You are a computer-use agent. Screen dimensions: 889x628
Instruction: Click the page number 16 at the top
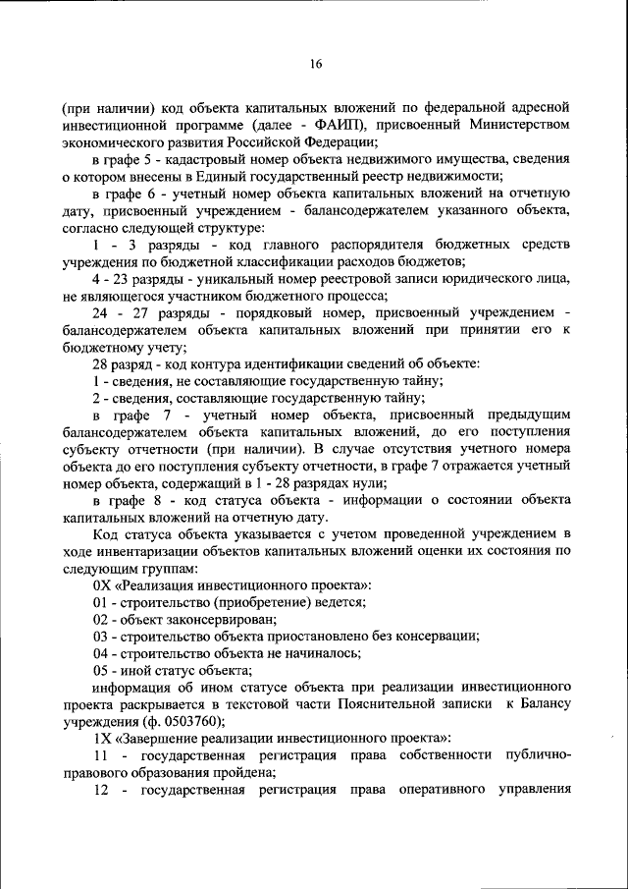tap(315, 65)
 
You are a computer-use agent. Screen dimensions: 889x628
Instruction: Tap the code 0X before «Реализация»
tap(102, 585)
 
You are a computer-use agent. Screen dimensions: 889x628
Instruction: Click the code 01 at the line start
tap(101, 602)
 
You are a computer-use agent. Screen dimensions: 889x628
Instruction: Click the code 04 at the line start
tap(101, 653)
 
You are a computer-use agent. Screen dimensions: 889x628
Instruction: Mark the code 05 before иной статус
tap(101, 670)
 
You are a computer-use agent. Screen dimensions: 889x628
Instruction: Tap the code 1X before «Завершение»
tap(102, 738)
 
